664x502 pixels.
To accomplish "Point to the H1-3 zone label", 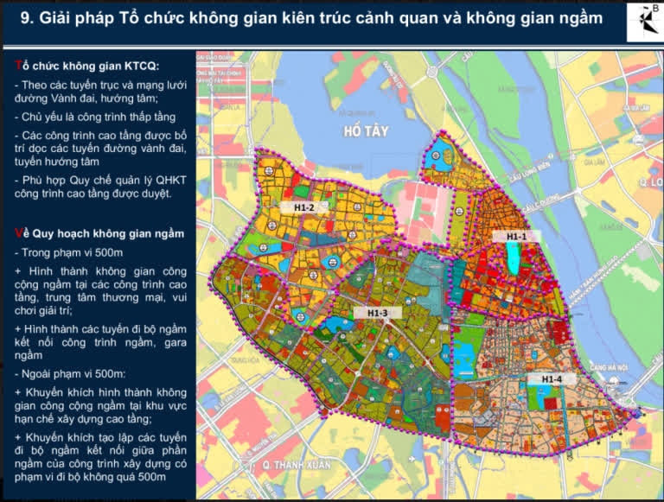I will (378, 313).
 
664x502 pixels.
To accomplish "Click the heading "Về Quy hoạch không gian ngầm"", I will (99, 233).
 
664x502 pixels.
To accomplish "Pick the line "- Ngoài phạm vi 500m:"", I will (69, 373).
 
